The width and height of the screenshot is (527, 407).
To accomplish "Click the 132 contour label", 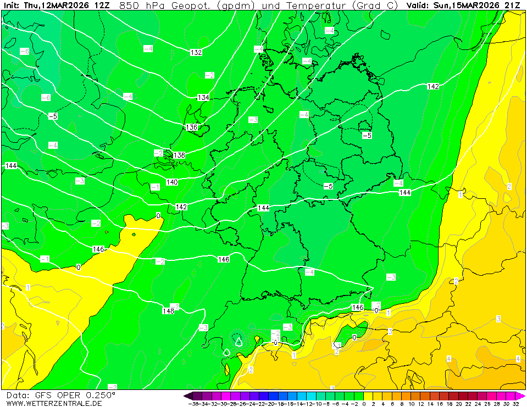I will (196, 53).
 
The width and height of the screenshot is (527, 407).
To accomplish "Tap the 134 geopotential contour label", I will (203, 97).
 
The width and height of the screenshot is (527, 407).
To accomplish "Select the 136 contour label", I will (191, 127).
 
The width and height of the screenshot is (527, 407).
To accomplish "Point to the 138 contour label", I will (179, 155).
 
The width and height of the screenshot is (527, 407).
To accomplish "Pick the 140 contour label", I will (172, 182).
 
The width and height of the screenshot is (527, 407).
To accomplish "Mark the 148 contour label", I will (168, 311).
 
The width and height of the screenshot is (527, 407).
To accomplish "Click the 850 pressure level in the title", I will (128, 5).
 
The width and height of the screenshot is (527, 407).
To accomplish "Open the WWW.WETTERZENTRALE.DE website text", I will (54, 403).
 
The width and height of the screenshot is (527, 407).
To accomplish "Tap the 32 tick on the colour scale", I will (515, 404).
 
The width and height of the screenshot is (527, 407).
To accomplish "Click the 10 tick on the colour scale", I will (411, 404).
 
